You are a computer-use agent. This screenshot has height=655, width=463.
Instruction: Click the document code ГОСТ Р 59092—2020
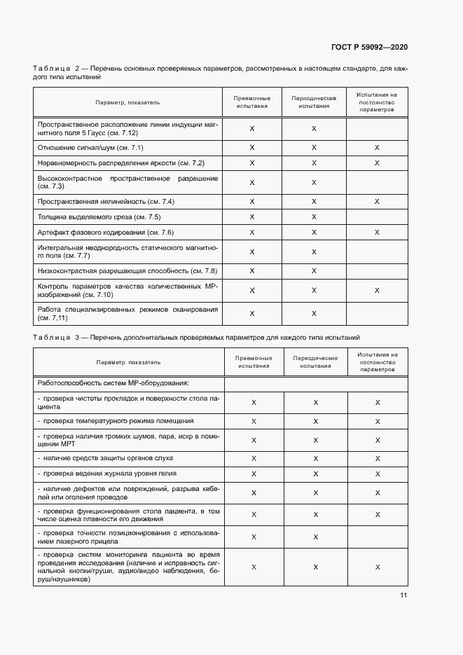click(x=369, y=47)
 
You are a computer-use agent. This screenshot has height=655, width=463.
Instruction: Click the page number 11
click(x=403, y=595)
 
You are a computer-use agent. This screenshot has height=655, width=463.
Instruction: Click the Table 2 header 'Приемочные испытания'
click(x=251, y=102)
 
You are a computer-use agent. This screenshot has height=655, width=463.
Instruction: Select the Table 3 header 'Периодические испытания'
click(x=315, y=362)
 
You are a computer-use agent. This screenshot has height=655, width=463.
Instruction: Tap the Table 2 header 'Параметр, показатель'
click(x=127, y=102)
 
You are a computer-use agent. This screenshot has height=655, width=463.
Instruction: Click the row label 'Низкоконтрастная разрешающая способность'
click(x=127, y=270)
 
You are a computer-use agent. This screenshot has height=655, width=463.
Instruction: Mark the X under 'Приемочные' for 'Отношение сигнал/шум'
click(x=252, y=148)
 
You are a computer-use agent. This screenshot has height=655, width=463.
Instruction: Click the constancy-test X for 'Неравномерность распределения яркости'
click(x=377, y=163)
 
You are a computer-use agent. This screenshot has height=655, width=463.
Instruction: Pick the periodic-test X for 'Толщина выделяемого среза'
click(x=314, y=217)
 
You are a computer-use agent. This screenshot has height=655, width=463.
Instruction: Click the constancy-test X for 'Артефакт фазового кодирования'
click(x=377, y=233)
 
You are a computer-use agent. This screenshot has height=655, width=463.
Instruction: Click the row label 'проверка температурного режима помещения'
click(x=116, y=421)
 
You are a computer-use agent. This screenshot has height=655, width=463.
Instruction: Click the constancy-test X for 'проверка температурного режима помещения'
click(x=378, y=421)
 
